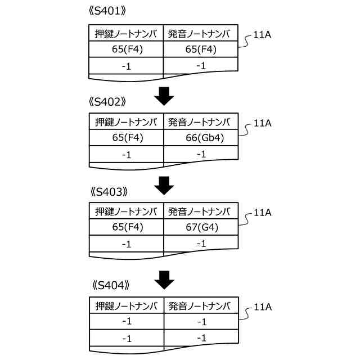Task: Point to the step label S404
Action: point(110,285)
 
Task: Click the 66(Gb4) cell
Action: point(201,138)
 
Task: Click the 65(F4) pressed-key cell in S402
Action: point(127,138)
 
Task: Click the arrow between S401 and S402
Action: point(164,96)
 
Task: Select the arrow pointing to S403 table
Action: point(164,185)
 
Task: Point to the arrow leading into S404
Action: point(164,278)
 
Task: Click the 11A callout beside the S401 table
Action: point(263,35)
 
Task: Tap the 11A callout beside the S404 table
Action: point(263,307)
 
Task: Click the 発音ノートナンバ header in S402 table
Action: point(200,122)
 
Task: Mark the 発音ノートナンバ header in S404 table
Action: point(200,305)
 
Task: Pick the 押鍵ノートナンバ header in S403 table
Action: point(126,211)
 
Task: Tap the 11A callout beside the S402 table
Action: point(263,123)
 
